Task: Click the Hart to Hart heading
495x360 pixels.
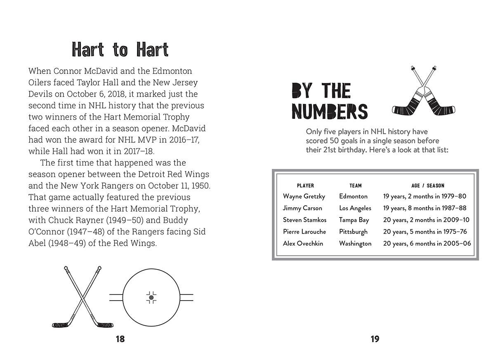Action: pyautogui.click(x=120, y=50)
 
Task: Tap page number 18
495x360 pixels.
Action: pyautogui.click(x=120, y=339)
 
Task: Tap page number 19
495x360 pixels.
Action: pyautogui.click(x=375, y=339)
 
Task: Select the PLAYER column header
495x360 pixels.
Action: pyautogui.click(x=305, y=186)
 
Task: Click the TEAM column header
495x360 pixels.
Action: pyautogui.click(x=355, y=186)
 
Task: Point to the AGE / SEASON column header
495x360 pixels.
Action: pyautogui.click(x=428, y=186)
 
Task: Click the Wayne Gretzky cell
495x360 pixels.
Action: pyautogui.click(x=304, y=197)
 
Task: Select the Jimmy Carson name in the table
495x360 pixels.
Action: pyautogui.click(x=302, y=208)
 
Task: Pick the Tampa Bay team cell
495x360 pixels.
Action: pyautogui.click(x=354, y=220)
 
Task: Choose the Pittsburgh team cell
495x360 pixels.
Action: pyautogui.click(x=353, y=232)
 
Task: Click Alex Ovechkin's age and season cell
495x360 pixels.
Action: pyautogui.click(x=427, y=244)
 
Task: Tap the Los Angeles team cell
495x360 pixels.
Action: pyautogui.click(x=355, y=208)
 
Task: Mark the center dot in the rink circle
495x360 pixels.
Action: pyautogui.click(x=151, y=297)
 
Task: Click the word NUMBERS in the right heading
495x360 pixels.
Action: pyautogui.click(x=330, y=111)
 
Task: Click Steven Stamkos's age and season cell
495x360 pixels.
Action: pyautogui.click(x=426, y=220)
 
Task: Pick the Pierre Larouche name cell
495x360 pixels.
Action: pyautogui.click(x=304, y=232)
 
